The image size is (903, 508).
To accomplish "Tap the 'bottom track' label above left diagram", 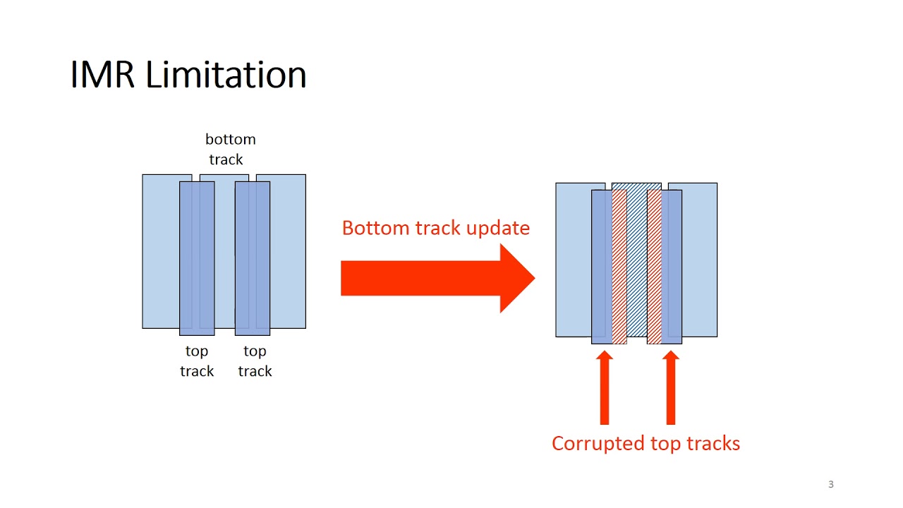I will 229,149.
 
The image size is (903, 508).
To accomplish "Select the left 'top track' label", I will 196,361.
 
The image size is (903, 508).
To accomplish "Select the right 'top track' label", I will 255,361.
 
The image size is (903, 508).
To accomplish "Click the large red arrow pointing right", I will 437,278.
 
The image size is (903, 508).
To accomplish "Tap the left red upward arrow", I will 604,388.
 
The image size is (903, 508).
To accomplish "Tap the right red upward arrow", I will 671,388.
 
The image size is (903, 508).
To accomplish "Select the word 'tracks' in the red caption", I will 714,443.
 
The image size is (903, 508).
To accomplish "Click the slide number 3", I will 830,484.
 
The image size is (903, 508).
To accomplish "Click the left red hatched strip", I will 619,267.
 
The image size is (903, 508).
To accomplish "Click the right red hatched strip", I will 654,267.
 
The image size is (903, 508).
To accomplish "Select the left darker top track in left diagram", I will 197,258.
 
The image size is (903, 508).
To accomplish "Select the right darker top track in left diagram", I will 253,258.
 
